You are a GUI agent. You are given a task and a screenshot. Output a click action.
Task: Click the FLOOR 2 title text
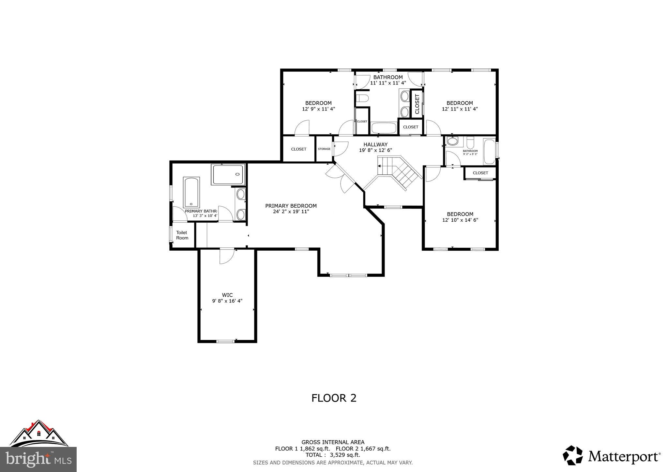(x=334, y=398)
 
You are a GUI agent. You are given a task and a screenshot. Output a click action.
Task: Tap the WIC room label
(x=227, y=295)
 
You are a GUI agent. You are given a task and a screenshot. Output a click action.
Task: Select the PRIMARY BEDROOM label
(x=291, y=206)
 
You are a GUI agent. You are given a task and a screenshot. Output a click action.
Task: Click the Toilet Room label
(x=182, y=235)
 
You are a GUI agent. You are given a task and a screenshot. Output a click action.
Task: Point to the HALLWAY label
(x=375, y=144)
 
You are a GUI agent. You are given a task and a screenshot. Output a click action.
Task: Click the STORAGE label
(x=324, y=149)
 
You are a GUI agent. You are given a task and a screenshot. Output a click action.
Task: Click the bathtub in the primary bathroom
(x=191, y=192)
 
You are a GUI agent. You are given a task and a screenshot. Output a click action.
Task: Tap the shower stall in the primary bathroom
(x=228, y=174)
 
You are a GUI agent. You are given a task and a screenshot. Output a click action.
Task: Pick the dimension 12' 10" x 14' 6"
(x=460, y=220)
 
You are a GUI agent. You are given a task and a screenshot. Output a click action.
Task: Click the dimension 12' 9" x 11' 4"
(x=318, y=109)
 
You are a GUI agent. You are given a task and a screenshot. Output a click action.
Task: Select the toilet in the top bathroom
(x=362, y=98)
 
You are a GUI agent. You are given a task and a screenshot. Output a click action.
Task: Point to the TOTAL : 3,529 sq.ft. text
(x=333, y=455)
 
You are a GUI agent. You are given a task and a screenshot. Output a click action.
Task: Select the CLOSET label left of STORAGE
(x=298, y=149)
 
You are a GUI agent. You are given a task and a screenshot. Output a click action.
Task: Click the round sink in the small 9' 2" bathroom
(x=452, y=141)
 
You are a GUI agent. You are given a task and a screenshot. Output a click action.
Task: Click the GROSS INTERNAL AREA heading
(x=333, y=442)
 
